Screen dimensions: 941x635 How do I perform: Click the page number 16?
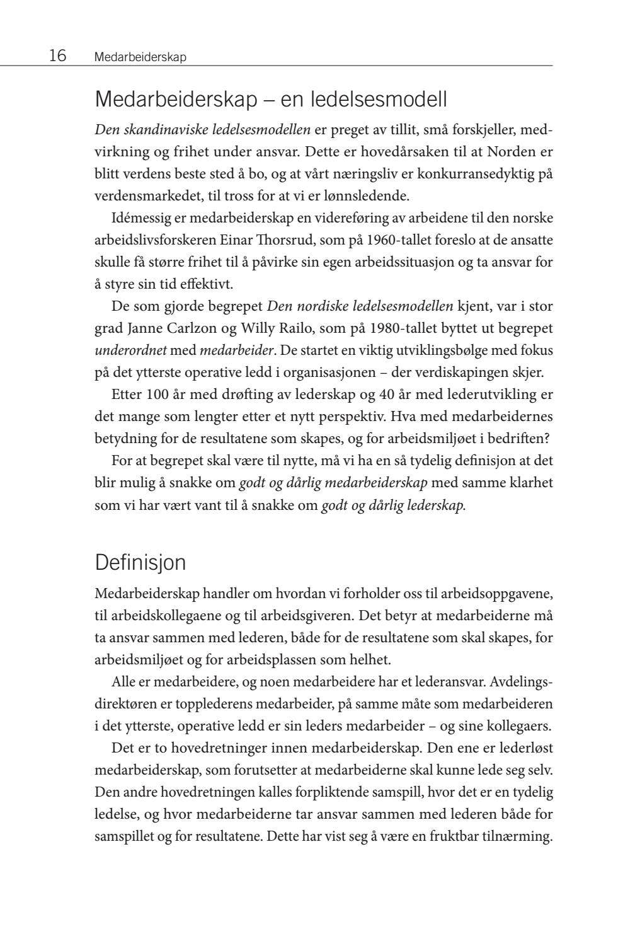click(x=57, y=56)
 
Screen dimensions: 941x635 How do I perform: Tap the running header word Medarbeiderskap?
click(x=140, y=57)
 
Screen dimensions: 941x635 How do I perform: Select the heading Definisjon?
click(x=140, y=562)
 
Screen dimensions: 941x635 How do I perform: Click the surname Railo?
click(x=309, y=328)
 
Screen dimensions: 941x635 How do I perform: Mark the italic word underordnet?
click(x=130, y=350)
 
